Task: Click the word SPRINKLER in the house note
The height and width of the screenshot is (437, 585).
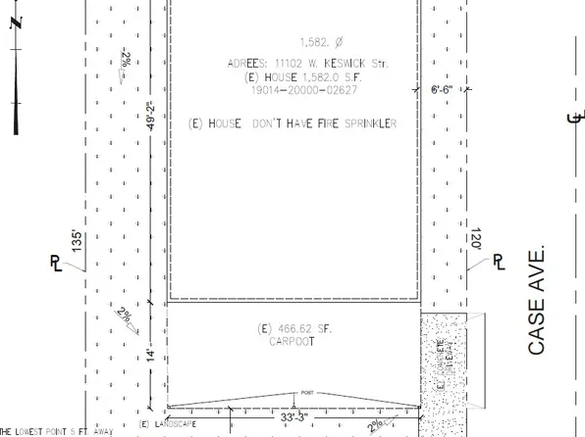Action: (364, 124)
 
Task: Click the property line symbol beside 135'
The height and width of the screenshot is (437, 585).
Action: (56, 263)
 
